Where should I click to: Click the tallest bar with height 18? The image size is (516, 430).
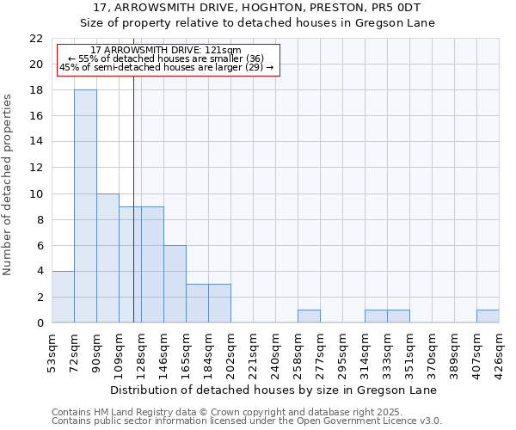pos(85,206)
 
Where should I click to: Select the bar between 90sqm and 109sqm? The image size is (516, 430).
pos(107,258)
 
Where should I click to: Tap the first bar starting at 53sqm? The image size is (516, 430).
pos(63,297)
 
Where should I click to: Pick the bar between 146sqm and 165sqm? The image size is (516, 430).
pos(175,284)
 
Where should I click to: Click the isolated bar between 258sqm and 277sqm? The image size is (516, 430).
pos(309,316)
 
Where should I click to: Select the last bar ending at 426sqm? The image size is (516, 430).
pos(488,316)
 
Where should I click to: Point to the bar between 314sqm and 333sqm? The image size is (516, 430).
pos(376,316)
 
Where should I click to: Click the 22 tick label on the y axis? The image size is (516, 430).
pos(36,39)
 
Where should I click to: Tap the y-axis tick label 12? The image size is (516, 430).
pos(36,168)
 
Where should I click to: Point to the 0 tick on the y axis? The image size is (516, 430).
pos(40,323)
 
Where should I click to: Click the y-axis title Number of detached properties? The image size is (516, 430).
pos(8,185)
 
